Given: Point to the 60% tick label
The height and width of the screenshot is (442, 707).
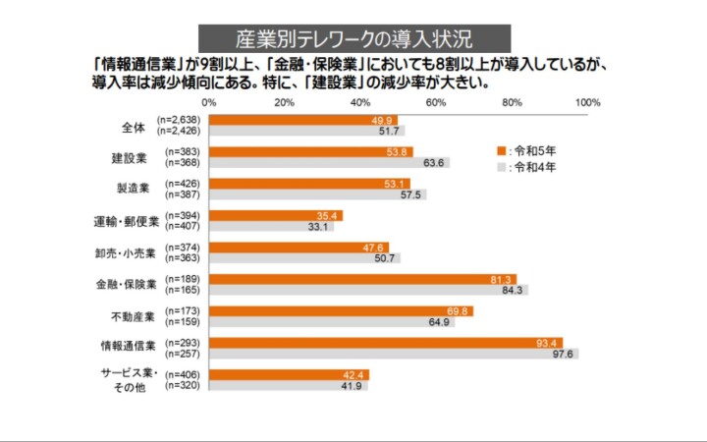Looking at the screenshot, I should click(x=436, y=102).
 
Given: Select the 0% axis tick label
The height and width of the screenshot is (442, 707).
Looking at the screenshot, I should click(x=209, y=102).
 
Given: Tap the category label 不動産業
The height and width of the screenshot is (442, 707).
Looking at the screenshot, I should click(x=130, y=316).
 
